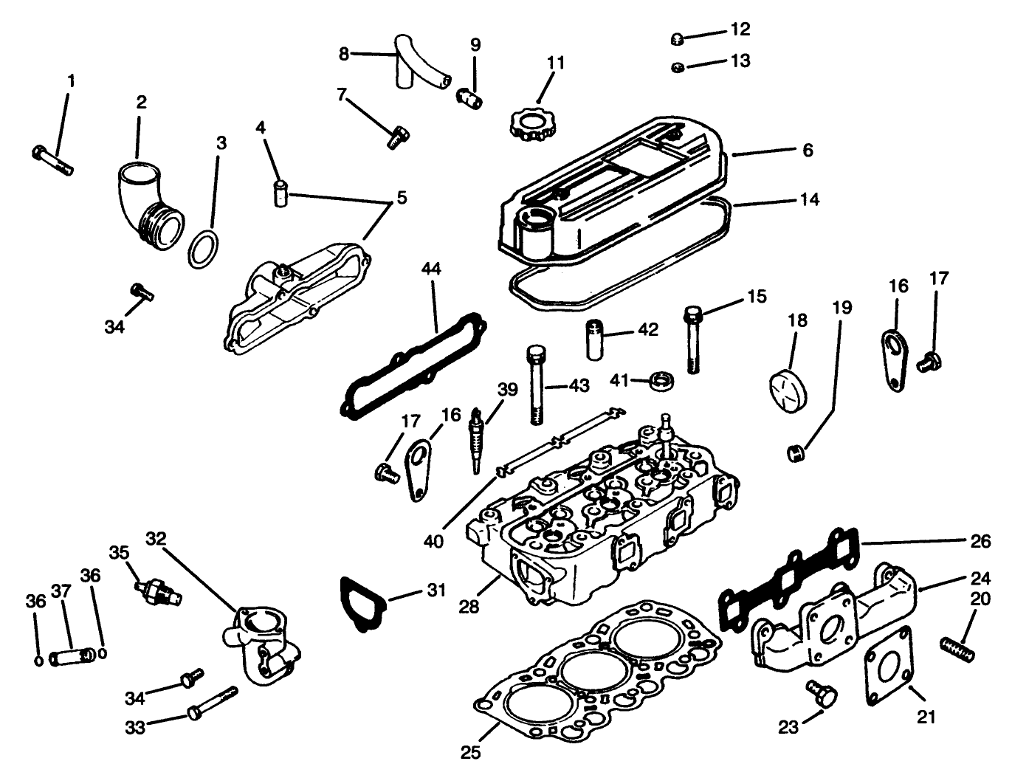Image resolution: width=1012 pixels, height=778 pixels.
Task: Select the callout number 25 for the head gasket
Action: [x=471, y=752]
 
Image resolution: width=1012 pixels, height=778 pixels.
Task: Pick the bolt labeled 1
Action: [x=53, y=161]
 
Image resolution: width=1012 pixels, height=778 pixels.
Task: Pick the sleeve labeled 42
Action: [x=597, y=338]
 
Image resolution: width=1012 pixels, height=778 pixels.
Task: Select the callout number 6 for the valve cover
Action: [x=808, y=150]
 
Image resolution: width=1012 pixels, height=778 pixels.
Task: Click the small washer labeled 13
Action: [x=678, y=68]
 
